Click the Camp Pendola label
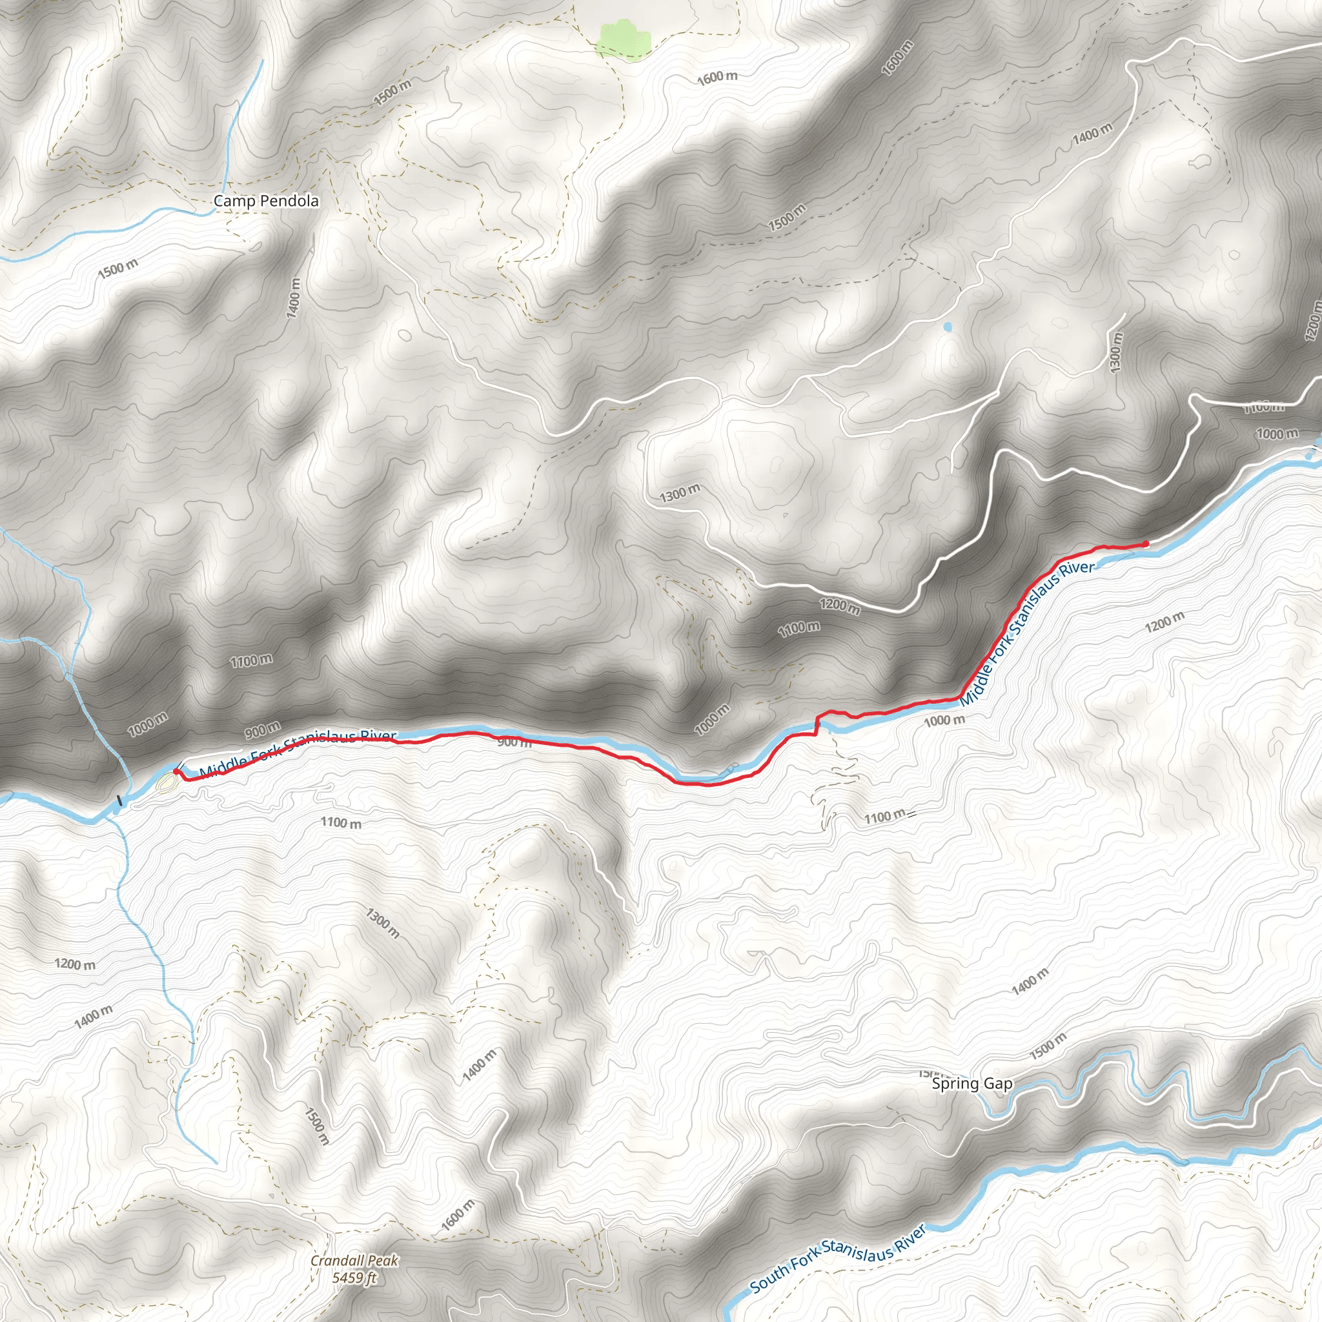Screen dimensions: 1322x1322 click(265, 201)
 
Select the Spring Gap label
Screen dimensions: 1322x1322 click(971, 1084)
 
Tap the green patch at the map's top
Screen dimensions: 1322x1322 click(622, 39)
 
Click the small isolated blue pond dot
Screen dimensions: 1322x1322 click(947, 327)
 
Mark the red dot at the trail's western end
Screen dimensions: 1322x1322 click(176, 772)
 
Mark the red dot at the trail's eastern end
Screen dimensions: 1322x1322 click(1146, 544)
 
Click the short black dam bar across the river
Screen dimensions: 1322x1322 click(120, 799)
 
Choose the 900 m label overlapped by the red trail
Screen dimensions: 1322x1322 click(513, 742)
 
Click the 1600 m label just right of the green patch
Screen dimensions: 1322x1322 click(717, 77)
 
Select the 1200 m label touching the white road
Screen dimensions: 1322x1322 click(840, 605)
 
